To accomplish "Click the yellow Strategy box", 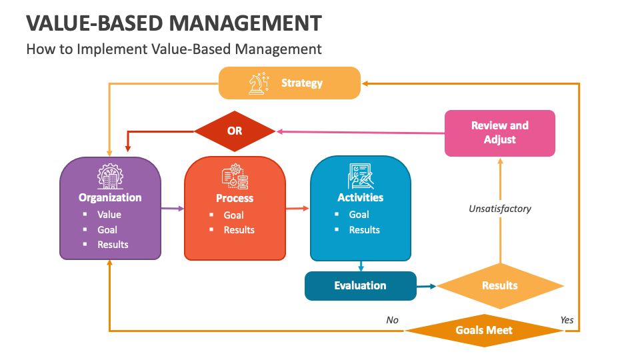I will pyautogui.click(x=290, y=83).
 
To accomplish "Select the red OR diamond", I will pyautogui.click(x=235, y=131).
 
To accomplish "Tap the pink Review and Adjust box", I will pyautogui.click(x=499, y=133).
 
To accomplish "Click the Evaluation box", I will pyautogui.click(x=360, y=285).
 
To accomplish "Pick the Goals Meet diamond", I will pyautogui.click(x=484, y=330).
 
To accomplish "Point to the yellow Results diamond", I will pyautogui.click(x=499, y=285).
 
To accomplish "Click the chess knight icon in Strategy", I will pyautogui.click(x=257, y=83).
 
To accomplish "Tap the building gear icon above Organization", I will pyautogui.click(x=110, y=176).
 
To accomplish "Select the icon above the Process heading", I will pyautogui.click(x=235, y=177).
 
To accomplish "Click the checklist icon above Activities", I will pyautogui.click(x=360, y=176).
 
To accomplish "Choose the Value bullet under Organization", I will pyautogui.click(x=109, y=215).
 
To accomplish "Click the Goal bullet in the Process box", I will pyautogui.click(x=233, y=215).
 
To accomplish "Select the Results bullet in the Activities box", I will pyautogui.click(x=364, y=230).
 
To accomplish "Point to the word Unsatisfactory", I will pyautogui.click(x=499, y=209).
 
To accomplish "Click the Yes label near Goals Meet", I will pyautogui.click(x=567, y=320).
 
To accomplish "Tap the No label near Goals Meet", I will pyautogui.click(x=392, y=320).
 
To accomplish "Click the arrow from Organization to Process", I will pyautogui.click(x=172, y=209).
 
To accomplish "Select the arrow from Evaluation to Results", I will pyautogui.click(x=426, y=286).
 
